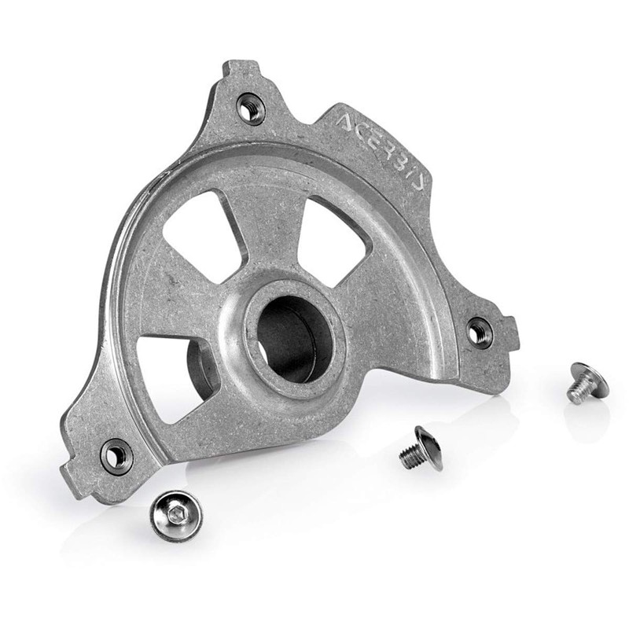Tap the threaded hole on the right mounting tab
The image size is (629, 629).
(479, 330)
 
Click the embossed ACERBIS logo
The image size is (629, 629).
(381, 152)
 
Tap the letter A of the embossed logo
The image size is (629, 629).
(346, 122)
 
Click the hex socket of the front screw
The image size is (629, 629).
(175, 513)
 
